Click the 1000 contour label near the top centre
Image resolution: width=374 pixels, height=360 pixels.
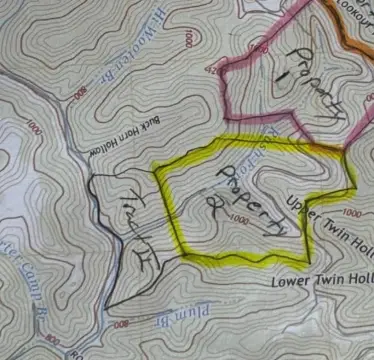tap(188, 38)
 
